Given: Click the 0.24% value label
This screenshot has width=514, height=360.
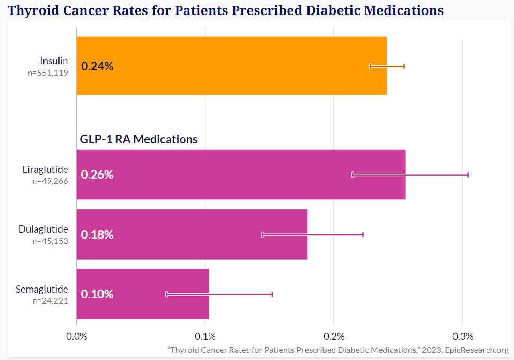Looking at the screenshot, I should pos(97,66).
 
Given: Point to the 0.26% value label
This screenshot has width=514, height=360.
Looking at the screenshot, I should pos(97,175).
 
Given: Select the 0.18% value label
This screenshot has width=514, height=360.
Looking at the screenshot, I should pos(97,235).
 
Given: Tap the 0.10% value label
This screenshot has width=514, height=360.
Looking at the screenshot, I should pos(97,294).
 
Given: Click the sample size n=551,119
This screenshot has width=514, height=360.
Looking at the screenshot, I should pos(48,73).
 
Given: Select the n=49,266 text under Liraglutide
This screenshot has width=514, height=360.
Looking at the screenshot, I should pos(50,181).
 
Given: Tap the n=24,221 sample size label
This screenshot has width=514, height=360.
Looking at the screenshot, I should pos(50,300).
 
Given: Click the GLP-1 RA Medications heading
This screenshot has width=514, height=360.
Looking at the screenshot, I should pos(139,139).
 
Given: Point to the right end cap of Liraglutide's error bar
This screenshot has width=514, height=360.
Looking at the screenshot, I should pos(468,175).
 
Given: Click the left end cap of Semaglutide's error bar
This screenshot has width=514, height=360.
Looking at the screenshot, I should pos(166,294).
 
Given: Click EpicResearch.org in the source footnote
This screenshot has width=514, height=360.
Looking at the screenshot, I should pos(477,350).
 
